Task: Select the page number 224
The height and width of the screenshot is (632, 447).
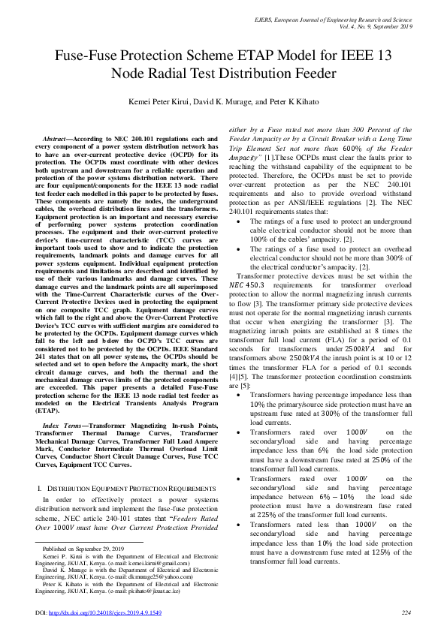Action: click(x=406, y=613)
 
